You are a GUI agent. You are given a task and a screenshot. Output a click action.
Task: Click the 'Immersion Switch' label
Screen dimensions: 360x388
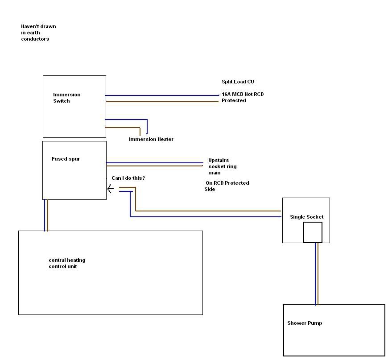pos(66,98)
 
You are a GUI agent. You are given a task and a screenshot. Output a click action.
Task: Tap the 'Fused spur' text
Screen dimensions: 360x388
pos(66,159)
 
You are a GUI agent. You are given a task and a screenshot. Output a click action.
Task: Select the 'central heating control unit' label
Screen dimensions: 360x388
pos(67,263)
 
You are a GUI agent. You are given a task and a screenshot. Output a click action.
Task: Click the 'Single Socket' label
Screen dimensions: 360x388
pos(306,217)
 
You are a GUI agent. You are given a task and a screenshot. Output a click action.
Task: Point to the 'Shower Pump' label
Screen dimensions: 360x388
pos(305,323)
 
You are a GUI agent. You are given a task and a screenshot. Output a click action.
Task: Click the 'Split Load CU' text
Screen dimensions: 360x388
pos(238,82)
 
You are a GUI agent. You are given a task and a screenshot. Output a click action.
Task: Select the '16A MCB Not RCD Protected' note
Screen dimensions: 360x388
pos(242,97)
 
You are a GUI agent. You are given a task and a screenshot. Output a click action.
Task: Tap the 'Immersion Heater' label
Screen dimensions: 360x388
pos(151,139)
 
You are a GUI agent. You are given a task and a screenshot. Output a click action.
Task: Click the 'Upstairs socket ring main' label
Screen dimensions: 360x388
pos(222,166)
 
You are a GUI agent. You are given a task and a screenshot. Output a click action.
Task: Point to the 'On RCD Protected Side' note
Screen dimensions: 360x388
pos(227,186)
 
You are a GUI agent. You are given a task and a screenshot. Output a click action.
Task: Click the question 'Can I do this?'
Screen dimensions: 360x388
pos(128,178)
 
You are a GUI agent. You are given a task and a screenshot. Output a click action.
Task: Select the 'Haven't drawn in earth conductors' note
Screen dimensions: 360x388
pos(38,33)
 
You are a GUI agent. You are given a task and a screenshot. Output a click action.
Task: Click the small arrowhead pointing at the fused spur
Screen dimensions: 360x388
pos(110,189)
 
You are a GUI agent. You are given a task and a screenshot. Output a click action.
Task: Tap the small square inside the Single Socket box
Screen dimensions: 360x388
pos(313,232)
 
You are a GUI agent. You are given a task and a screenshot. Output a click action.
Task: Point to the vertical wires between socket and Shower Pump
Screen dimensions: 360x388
pos(317,273)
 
